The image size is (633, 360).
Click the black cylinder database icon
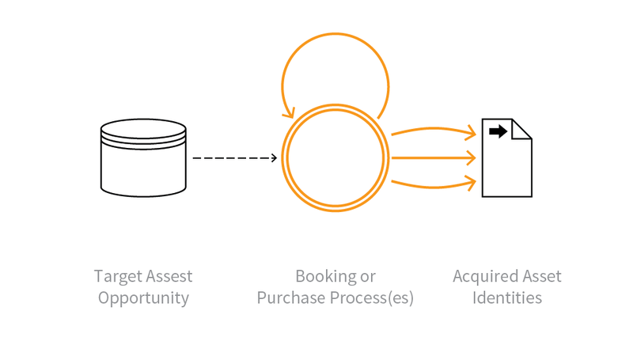pos(143,158)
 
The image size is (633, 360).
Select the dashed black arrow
pos(234,158)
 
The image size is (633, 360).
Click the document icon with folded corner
pos(507,162)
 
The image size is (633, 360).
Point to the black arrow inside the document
pos(498,131)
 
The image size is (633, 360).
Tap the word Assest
pos(169,277)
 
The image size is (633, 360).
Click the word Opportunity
pos(143,298)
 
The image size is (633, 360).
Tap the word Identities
pos(507,298)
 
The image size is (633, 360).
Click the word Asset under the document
pos(542,277)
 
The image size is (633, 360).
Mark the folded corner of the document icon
pos(523,127)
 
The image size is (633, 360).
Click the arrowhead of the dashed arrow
pos(274,158)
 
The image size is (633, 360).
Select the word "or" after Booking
pos(367,277)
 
